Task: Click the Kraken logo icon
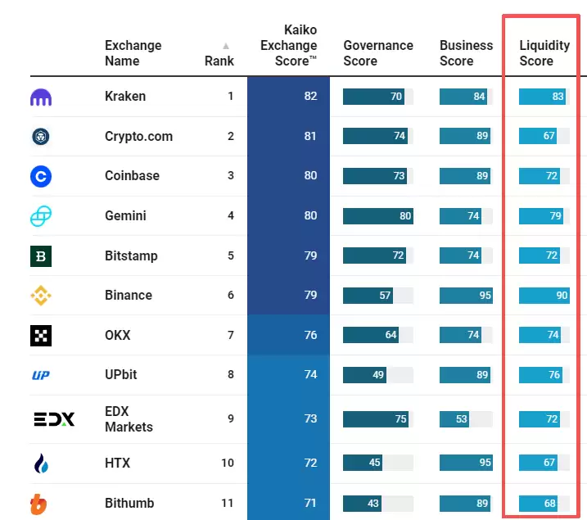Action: click(x=41, y=97)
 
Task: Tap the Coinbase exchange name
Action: click(x=132, y=175)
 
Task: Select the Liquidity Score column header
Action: click(x=536, y=53)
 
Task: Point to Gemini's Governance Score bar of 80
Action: click(x=378, y=216)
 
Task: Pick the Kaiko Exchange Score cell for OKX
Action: click(x=288, y=335)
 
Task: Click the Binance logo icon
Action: click(x=41, y=296)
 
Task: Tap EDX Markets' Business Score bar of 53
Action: click(x=454, y=419)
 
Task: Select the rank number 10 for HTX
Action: click(x=227, y=463)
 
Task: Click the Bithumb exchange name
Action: click(x=129, y=503)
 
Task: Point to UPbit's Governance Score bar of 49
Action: click(x=364, y=375)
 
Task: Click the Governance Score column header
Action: click(x=378, y=53)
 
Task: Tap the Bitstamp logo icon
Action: click(x=41, y=256)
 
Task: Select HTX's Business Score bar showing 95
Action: click(x=465, y=463)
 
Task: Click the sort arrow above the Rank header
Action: click(x=226, y=46)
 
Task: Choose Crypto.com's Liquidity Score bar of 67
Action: click(x=538, y=136)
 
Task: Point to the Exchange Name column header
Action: click(x=133, y=53)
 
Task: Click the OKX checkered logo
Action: click(x=41, y=335)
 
